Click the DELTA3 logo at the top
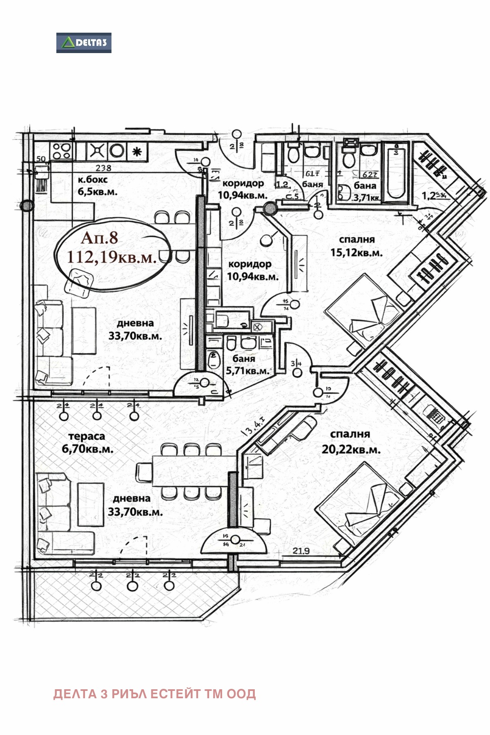(x=84, y=43)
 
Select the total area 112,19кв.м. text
(x=112, y=257)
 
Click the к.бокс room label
(x=93, y=180)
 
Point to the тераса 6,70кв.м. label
(x=87, y=443)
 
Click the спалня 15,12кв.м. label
(x=356, y=246)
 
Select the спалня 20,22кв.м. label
(x=351, y=442)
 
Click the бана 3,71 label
(x=365, y=191)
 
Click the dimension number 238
(x=103, y=168)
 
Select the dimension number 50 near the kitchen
(x=40, y=159)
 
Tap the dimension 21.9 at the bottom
(x=301, y=551)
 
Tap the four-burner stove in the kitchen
(x=62, y=151)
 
